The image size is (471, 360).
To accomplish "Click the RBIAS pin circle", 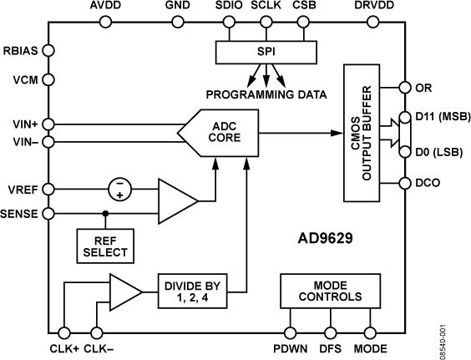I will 48,50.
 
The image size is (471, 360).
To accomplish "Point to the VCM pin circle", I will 48,84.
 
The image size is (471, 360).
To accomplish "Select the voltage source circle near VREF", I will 123,188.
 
